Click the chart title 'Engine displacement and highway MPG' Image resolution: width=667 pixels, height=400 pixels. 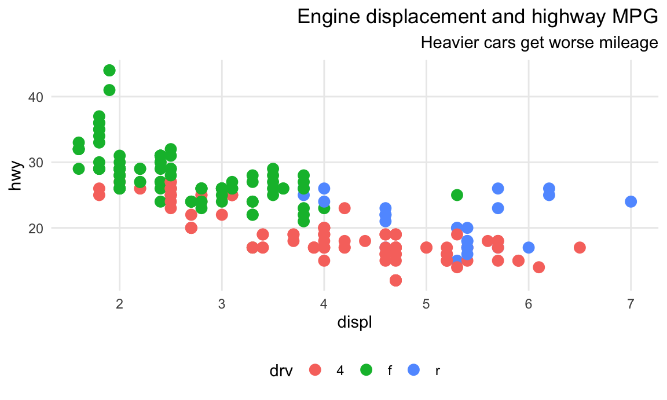click(477, 17)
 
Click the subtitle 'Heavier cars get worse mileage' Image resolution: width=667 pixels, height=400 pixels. click(539, 42)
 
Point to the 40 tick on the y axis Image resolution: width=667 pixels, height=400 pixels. click(35, 97)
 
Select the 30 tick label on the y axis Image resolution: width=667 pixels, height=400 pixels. click(35, 162)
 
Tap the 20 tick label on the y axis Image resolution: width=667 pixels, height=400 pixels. click(35, 228)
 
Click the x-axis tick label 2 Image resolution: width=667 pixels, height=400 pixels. click(119, 304)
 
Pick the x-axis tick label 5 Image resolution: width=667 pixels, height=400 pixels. click(426, 304)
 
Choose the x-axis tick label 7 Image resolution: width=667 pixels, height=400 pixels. click(631, 304)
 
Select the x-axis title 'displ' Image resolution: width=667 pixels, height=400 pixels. click(354, 322)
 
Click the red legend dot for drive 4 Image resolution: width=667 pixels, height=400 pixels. click(316, 370)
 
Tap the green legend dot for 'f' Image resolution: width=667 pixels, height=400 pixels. click(367, 370)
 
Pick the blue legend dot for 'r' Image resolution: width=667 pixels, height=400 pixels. click(414, 370)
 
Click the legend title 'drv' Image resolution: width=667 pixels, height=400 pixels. click(282, 370)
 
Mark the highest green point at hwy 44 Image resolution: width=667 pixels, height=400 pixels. click(109, 71)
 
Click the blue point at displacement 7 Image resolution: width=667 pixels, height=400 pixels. click(631, 201)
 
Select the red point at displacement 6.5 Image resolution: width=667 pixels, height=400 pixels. click(580, 248)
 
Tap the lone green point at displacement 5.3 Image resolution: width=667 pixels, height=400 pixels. click(457, 195)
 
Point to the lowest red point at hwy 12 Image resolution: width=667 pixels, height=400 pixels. click(395, 280)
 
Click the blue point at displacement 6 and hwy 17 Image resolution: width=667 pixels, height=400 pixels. click(529, 248)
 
